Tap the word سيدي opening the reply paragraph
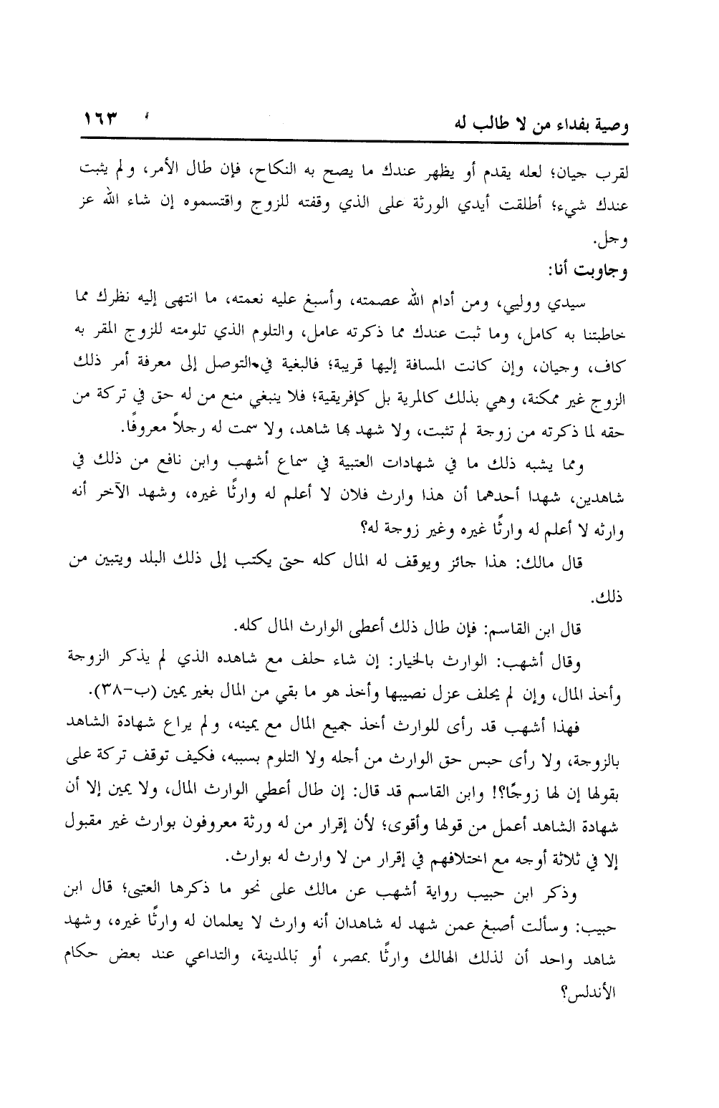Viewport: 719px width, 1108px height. (x=571, y=303)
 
